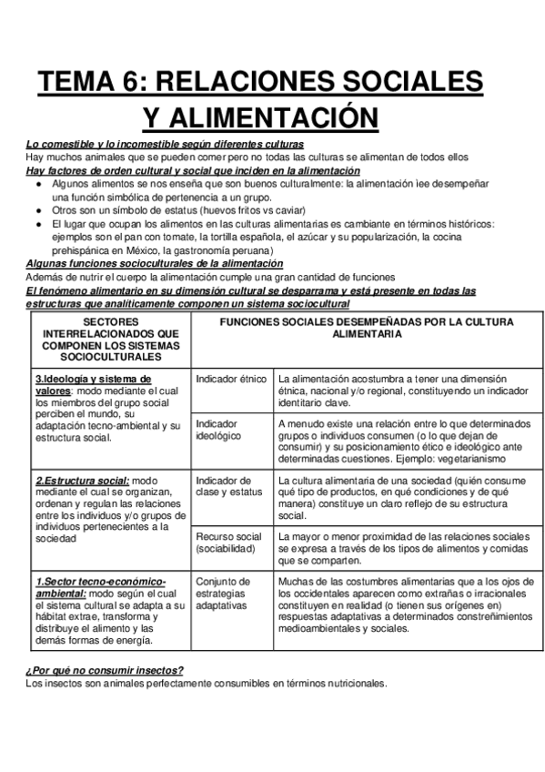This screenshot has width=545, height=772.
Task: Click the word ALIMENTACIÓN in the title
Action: coord(259,118)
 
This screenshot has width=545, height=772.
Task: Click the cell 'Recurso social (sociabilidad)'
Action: coord(228,543)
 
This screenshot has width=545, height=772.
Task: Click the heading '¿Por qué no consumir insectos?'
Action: coord(106,670)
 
